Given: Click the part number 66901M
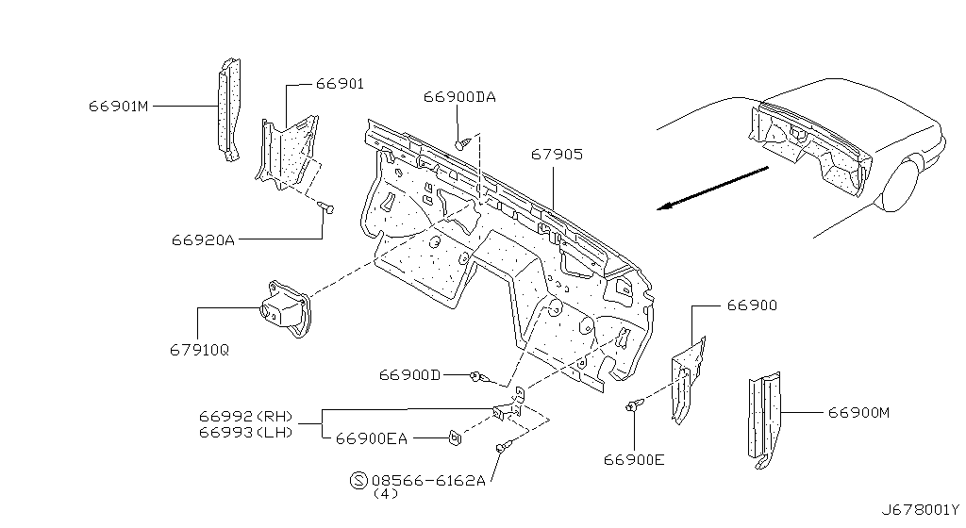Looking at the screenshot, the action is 118,106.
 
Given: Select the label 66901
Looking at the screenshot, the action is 340,84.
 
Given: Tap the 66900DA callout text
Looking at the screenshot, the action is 459,96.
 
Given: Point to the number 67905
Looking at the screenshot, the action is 557,154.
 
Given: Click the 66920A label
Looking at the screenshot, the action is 204,240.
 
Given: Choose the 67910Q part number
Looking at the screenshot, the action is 200,350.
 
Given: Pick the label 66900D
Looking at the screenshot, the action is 409,374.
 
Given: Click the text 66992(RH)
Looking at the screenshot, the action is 246,417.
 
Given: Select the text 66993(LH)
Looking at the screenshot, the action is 246,432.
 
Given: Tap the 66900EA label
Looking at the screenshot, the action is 372,438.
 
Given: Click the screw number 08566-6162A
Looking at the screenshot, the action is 428,480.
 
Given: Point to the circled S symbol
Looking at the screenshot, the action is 358,480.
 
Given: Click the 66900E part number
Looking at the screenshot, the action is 634,460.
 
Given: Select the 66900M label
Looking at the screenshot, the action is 858,412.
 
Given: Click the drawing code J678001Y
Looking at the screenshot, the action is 921,510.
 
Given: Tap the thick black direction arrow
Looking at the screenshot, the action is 713,188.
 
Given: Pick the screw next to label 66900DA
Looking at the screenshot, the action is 463,143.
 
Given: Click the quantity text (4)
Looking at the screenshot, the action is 386,493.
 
